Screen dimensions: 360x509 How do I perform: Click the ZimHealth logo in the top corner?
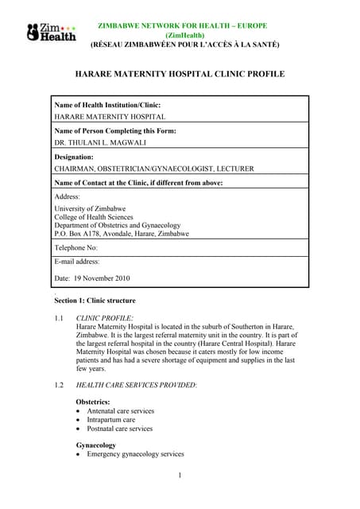52,33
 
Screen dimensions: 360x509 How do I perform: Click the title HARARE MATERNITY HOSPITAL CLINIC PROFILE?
180,74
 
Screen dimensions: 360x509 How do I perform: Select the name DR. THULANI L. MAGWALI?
100,142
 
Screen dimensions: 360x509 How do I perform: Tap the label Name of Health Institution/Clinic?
107,104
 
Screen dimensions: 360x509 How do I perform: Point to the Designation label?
74,157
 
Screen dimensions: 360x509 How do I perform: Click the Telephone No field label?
75,248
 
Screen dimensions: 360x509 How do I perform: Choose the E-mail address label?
77,261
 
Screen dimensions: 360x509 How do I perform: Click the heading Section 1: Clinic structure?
95,301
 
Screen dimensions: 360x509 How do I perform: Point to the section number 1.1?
59,317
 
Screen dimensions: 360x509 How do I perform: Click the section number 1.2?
59,385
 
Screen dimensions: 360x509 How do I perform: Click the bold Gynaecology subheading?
96,445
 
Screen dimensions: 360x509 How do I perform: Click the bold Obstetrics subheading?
93,402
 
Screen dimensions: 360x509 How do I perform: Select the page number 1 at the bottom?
180,476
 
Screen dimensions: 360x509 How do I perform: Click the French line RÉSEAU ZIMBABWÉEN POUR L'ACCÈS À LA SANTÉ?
184,45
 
